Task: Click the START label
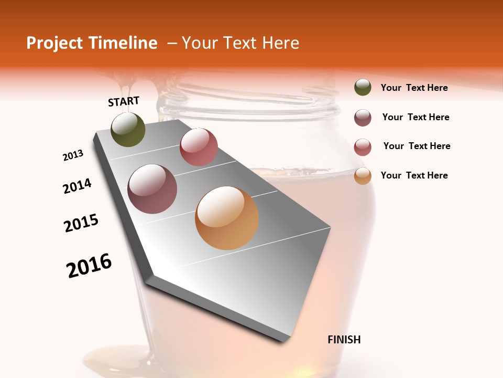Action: (124, 101)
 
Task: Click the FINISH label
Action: (344, 340)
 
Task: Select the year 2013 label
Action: (73, 155)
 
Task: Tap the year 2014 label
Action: (77, 186)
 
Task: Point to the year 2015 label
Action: (81, 223)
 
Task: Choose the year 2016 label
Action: (89, 265)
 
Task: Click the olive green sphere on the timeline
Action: (128, 130)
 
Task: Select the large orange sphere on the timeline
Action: (227, 218)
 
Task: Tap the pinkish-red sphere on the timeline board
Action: (199, 147)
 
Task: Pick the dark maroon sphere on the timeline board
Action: (152, 189)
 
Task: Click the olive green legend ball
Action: (363, 88)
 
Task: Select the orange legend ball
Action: (363, 176)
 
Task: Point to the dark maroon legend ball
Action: (363, 118)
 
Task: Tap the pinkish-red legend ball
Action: (363, 147)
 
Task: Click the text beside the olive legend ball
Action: (414, 88)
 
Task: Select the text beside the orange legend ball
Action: (414, 175)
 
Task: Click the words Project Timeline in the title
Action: (92, 43)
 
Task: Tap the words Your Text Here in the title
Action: (240, 43)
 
